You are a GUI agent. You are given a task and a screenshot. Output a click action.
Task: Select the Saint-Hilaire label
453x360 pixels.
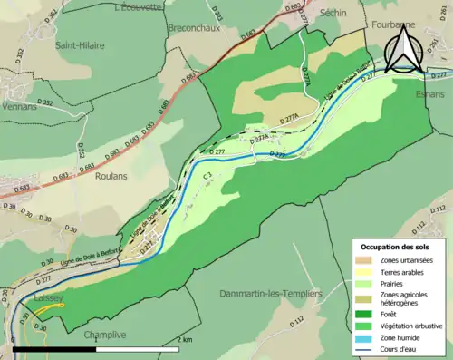80,44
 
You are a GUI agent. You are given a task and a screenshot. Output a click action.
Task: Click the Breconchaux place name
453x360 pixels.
195,28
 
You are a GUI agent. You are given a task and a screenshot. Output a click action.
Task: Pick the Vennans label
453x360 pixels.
20,81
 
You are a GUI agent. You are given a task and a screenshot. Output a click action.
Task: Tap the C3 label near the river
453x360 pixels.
207,174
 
